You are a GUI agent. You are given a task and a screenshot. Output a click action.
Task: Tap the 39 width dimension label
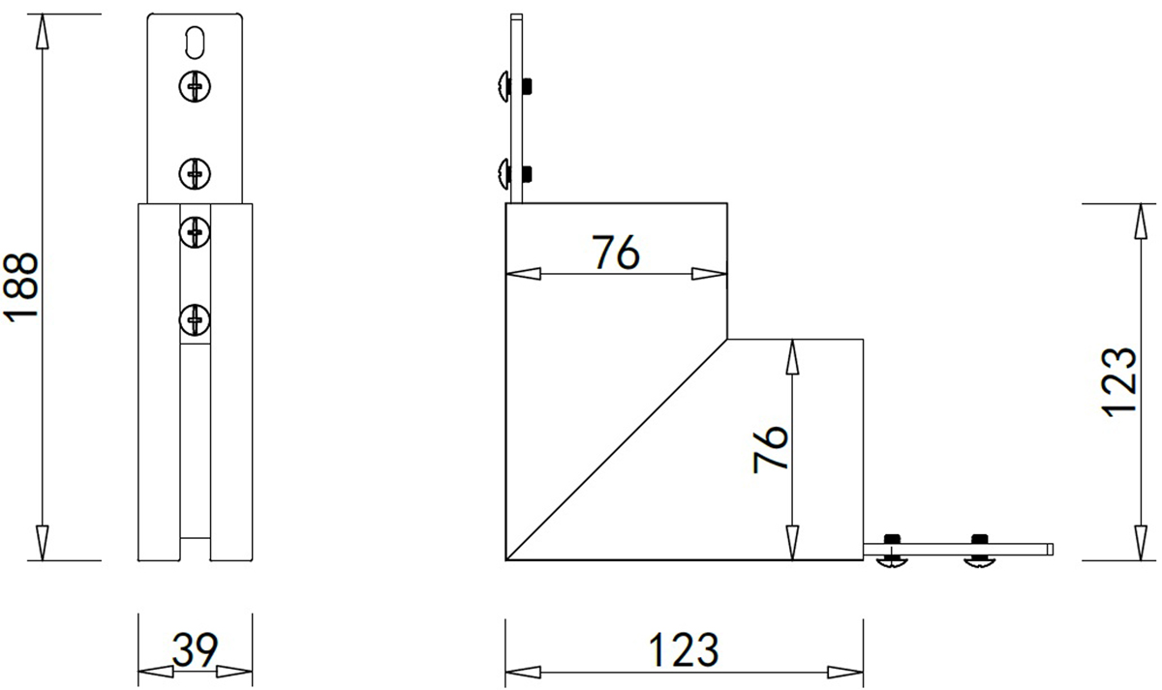coord(195,649)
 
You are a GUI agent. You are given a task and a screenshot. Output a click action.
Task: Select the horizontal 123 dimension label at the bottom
coord(684,649)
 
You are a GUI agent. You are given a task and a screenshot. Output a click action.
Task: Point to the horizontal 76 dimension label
coord(616,253)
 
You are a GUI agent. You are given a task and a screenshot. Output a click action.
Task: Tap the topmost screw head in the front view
coord(195,85)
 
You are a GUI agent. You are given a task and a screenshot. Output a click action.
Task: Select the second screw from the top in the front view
coord(195,173)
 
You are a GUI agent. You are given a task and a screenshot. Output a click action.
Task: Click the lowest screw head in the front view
coord(195,319)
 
